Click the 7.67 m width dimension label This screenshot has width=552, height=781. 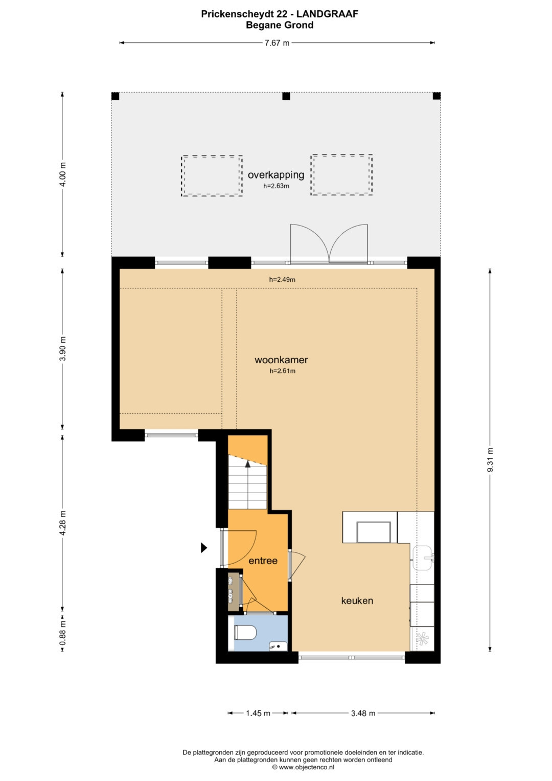coord(277,43)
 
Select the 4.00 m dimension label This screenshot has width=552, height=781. coord(63,174)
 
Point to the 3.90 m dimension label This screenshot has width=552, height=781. coord(63,349)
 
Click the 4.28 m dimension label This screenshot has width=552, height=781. coord(63,523)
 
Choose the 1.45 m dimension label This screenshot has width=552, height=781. coord(258,713)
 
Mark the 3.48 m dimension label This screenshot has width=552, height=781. coord(363,713)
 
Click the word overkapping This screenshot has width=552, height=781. coord(276,175)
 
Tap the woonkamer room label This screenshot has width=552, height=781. coord(281,360)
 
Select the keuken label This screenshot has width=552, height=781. coord(357,600)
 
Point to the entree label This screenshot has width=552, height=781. coord(263,561)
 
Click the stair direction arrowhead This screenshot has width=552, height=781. coord(248,463)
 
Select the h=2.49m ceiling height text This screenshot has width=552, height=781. coord(282,279)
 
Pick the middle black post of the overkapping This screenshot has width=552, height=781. coord(286,96)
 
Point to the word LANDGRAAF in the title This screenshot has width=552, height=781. coord(328,14)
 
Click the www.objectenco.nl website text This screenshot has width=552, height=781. coord(307,767)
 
